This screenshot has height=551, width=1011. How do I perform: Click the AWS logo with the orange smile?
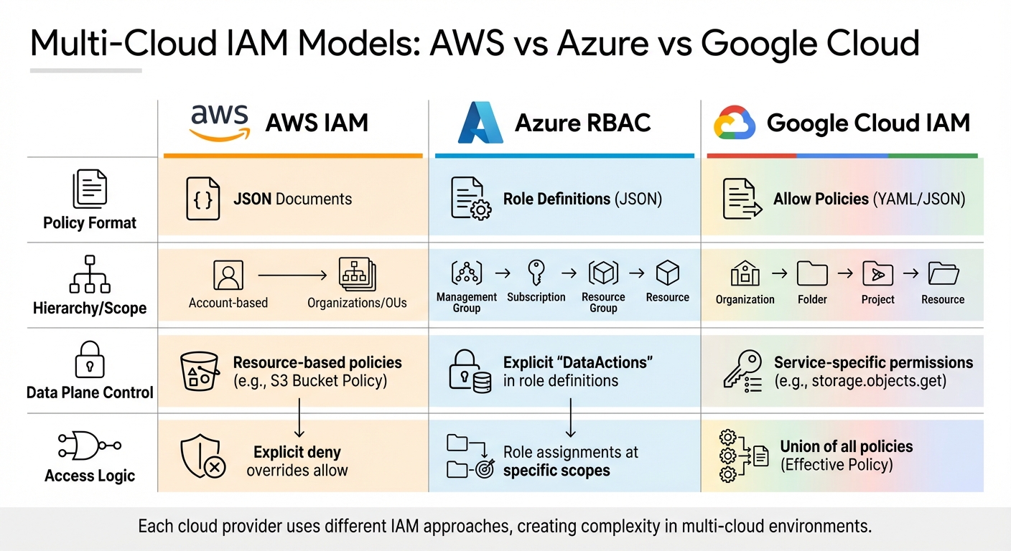pyautogui.click(x=219, y=123)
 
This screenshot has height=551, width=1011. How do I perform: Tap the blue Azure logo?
pyautogui.click(x=480, y=123)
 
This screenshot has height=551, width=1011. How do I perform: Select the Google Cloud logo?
pyautogui.click(x=734, y=123)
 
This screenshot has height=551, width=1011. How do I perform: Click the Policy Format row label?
pyautogui.click(x=90, y=223)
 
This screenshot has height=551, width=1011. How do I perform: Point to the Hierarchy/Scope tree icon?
pyautogui.click(x=90, y=274)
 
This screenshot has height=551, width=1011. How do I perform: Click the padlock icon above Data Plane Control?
pyautogui.click(x=90, y=359)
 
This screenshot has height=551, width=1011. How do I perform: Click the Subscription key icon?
pyautogui.click(x=536, y=273)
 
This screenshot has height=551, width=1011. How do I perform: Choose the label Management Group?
pyautogui.click(x=466, y=302)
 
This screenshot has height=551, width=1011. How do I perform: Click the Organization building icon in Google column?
pyautogui.click(x=745, y=273)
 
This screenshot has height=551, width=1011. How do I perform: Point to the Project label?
pyautogui.click(x=877, y=299)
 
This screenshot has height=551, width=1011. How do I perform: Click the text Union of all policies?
pyautogui.click(x=846, y=446)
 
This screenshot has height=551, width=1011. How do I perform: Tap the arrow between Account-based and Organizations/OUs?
pyautogui.click(x=292, y=274)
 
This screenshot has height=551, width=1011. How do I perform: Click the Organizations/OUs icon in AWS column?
pyautogui.click(x=358, y=274)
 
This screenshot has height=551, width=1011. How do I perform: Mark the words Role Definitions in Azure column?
pyautogui.click(x=556, y=199)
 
